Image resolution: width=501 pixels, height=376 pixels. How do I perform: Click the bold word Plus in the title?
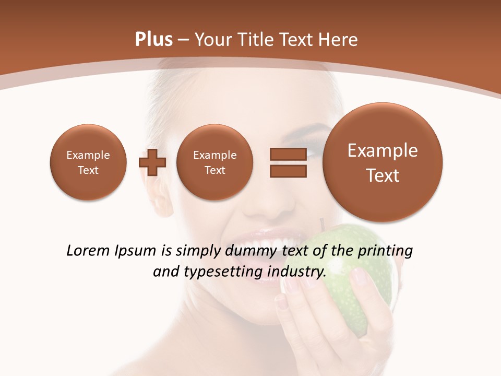(153, 40)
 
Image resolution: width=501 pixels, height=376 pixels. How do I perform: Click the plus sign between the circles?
(152, 162)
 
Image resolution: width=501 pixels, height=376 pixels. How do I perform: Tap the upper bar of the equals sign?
(288, 155)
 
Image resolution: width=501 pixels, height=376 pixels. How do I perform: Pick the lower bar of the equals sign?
(288, 171)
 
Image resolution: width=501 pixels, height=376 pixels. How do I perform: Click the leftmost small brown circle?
(88, 162)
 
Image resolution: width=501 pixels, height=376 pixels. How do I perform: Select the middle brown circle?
(214, 162)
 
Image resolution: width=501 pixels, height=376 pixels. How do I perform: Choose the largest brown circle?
(383, 162)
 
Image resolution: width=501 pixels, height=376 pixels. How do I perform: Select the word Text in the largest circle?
(383, 175)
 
